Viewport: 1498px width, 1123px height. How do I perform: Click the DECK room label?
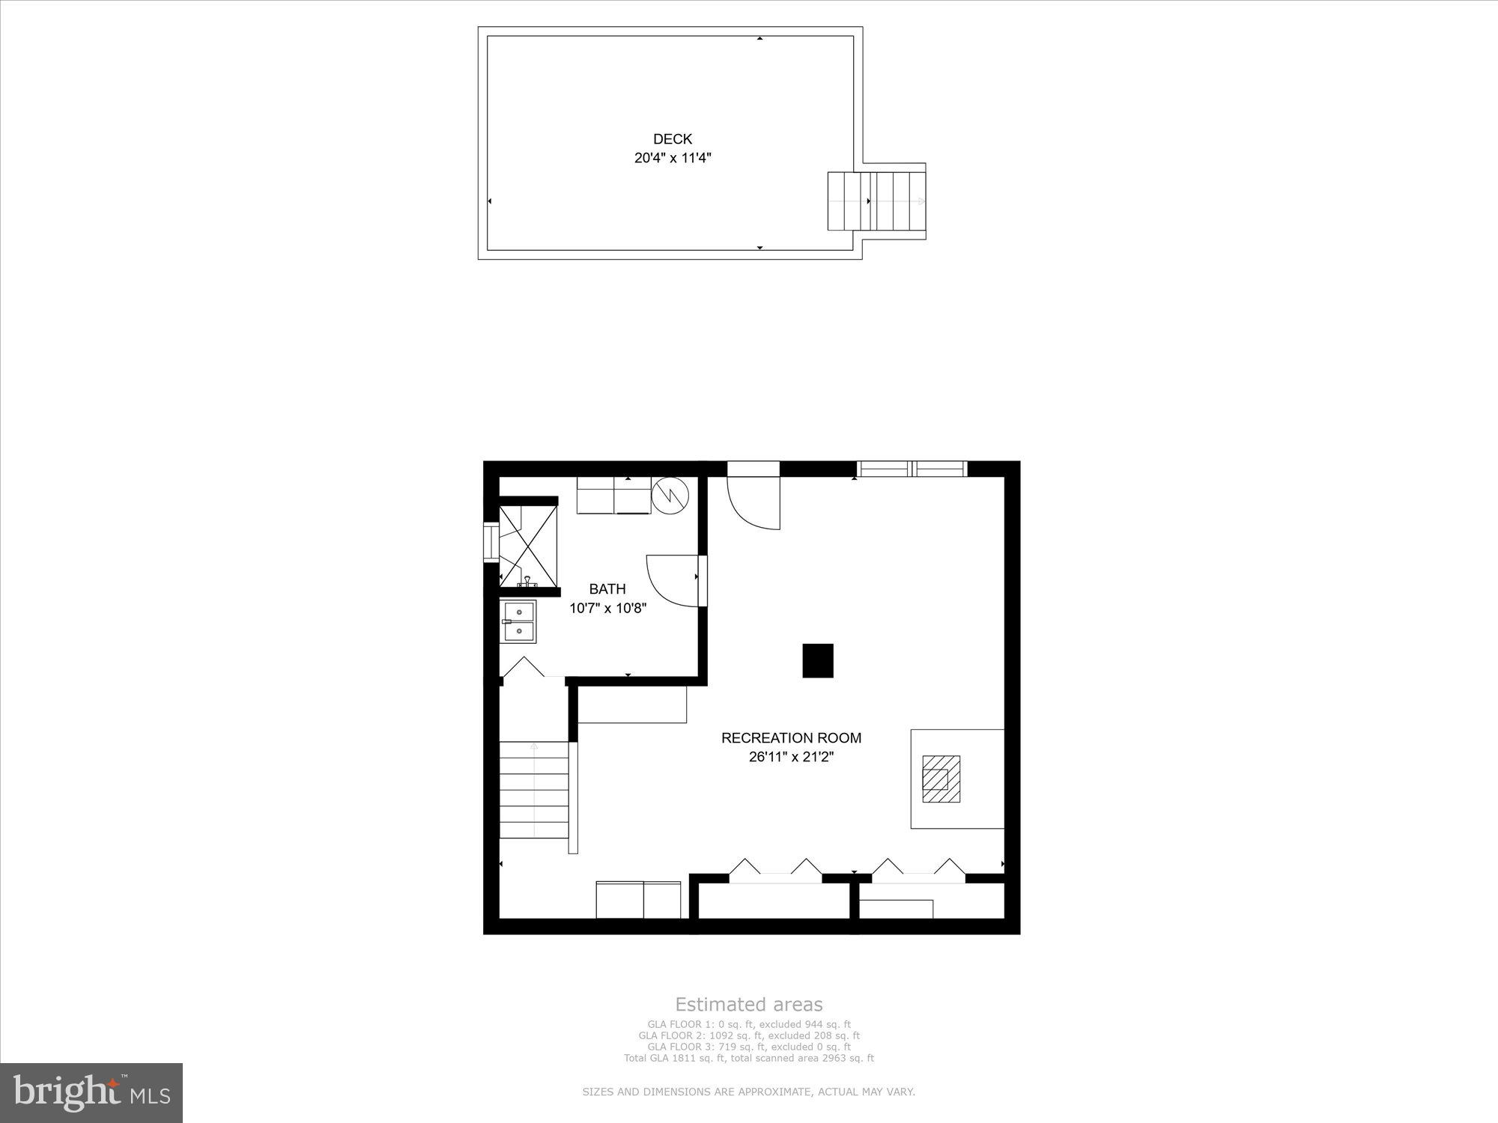(673, 139)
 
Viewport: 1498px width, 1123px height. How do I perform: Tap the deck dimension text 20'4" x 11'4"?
(673, 158)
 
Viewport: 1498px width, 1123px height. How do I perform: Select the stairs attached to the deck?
(876, 201)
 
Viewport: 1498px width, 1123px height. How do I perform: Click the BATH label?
(607, 589)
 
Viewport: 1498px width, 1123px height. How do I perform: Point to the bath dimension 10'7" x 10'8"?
(607, 609)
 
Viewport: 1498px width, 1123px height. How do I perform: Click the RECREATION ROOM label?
(791, 737)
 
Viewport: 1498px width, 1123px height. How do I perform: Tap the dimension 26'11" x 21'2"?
(791, 757)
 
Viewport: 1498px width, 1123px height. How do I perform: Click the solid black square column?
(817, 660)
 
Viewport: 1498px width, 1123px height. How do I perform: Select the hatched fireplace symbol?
(941, 779)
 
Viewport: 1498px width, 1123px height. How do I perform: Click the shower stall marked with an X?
(529, 546)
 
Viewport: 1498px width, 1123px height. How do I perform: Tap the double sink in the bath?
(518, 621)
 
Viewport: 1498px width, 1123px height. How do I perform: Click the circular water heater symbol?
(670, 494)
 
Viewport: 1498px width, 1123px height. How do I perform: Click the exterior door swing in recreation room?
(753, 502)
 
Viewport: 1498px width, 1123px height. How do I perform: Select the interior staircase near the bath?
(534, 789)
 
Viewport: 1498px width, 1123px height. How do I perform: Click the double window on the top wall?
(912, 469)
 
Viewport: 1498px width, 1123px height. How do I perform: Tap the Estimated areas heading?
(749, 1005)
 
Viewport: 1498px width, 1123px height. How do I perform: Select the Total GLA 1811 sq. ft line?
(749, 1058)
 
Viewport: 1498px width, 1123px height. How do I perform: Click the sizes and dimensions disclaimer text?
(749, 1092)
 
